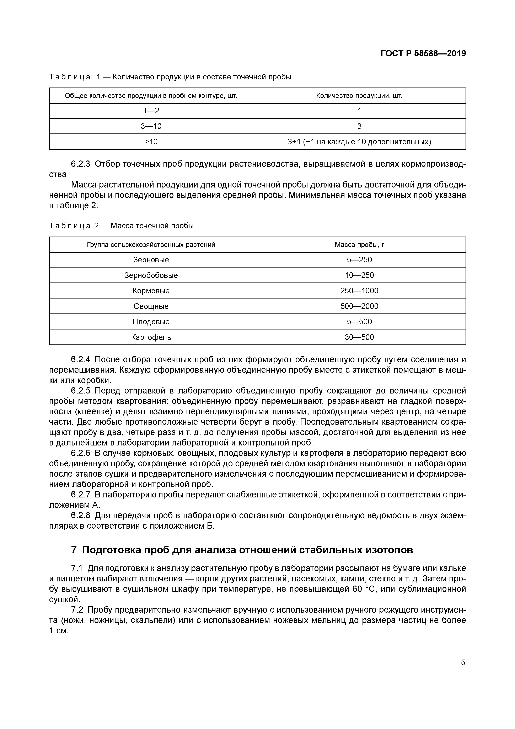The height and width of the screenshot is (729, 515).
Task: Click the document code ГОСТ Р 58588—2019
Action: point(423,54)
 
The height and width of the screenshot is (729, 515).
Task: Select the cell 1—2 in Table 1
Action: point(151,111)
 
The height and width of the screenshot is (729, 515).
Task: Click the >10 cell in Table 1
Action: point(151,142)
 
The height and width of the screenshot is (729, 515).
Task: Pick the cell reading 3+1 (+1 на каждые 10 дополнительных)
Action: point(359,142)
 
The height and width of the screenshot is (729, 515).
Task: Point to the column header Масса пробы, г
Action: point(359,244)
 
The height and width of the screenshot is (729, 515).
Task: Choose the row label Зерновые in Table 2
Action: point(151,260)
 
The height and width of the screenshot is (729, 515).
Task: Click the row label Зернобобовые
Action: point(151,275)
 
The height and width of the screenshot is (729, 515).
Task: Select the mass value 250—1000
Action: point(359,291)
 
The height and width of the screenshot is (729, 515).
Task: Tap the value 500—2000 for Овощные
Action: point(359,306)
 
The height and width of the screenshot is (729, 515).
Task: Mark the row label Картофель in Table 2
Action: point(151,337)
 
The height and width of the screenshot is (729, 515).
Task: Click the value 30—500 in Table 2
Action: point(359,337)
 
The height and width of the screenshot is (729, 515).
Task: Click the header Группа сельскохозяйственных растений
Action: point(151,244)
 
